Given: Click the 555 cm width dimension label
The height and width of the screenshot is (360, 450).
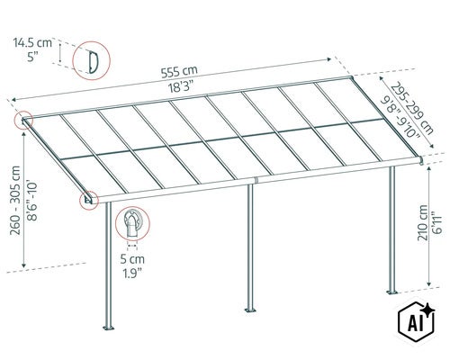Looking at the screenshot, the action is tap(179, 72).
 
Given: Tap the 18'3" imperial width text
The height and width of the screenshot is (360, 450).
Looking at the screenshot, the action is tap(179, 87).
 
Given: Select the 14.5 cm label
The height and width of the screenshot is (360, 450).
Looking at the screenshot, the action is tap(32, 42).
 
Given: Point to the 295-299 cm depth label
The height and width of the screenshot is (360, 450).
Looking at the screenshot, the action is tap(412, 108).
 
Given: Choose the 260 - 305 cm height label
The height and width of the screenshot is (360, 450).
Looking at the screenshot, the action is tap(15, 201).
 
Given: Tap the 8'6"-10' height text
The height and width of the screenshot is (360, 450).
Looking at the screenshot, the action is tap(32, 201).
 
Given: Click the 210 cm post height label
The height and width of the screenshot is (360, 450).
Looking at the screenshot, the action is tap(422, 222).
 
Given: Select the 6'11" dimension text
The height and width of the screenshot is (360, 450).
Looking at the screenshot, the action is tap(438, 222).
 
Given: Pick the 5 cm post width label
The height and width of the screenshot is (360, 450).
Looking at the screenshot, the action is tap(132, 259).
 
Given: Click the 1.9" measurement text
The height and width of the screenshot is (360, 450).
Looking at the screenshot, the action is tap(132, 274).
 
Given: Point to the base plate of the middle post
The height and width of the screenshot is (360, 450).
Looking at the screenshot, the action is tap(250, 310).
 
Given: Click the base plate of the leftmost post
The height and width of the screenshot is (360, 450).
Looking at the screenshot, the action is tap(109, 328).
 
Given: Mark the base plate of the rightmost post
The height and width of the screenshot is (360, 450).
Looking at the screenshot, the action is tap(391, 292).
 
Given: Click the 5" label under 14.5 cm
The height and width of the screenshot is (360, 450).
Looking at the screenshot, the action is tap(31, 57).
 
